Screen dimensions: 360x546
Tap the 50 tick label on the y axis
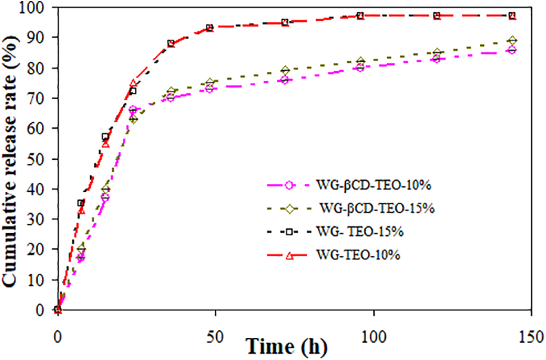click(x=40, y=159)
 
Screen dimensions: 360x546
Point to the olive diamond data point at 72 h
click(x=285, y=71)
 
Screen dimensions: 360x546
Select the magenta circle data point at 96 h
click(x=360, y=67)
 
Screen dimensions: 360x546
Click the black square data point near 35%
click(x=81, y=203)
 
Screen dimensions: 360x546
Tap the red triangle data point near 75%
click(x=133, y=84)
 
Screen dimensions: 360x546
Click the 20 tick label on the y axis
click(x=40, y=249)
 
